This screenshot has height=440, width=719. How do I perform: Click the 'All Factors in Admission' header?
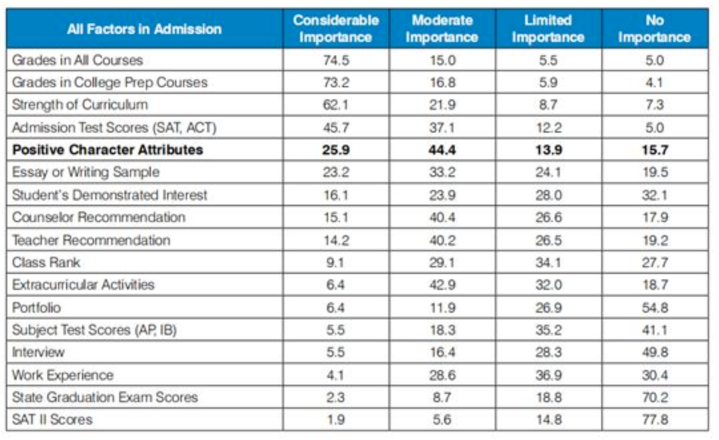[x=144, y=29]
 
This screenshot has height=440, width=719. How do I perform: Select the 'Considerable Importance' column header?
[x=336, y=29]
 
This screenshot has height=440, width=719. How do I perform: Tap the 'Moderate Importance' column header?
[x=441, y=29]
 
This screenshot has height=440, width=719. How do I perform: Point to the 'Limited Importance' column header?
[x=548, y=29]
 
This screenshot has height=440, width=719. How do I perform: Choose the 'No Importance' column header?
[x=654, y=29]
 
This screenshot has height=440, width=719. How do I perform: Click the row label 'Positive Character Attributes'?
[x=108, y=149]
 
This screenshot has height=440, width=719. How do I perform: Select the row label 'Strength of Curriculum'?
[x=80, y=105]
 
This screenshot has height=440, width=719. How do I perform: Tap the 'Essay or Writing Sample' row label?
[x=86, y=172]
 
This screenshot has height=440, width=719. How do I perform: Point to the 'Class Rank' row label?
[x=47, y=262]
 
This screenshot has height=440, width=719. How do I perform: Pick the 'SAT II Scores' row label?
[x=53, y=419]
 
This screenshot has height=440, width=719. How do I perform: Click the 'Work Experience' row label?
[x=63, y=375]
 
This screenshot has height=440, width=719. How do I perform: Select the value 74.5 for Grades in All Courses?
[x=336, y=60]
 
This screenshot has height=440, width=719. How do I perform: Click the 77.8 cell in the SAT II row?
[x=654, y=419]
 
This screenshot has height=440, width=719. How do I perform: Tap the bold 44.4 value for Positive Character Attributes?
[x=441, y=149]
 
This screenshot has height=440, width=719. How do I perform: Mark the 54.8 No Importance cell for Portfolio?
[x=654, y=307]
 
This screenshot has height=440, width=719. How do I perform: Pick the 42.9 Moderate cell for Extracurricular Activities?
[x=441, y=285]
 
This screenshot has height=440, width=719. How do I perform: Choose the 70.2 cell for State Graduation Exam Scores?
[x=654, y=397]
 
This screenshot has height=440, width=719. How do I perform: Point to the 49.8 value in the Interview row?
[x=654, y=352]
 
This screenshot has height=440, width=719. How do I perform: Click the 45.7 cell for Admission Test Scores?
[x=336, y=127]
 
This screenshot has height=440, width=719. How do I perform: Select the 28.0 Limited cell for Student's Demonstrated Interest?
[x=548, y=195]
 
